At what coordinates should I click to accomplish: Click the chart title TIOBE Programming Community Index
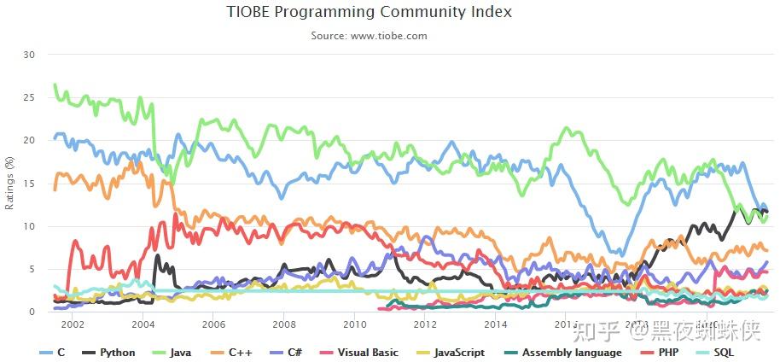[x=369, y=12]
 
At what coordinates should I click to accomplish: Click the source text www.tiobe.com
[x=369, y=36]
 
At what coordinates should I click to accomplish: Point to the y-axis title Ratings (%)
[x=10, y=183]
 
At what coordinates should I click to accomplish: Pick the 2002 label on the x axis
[x=73, y=324]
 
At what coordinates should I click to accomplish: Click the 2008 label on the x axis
[x=283, y=324]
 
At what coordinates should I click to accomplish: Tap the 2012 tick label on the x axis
[x=424, y=324]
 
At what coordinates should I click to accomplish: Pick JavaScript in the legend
[x=459, y=353]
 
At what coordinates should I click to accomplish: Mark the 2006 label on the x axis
[x=213, y=324]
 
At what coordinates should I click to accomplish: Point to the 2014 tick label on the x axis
[x=495, y=324]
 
